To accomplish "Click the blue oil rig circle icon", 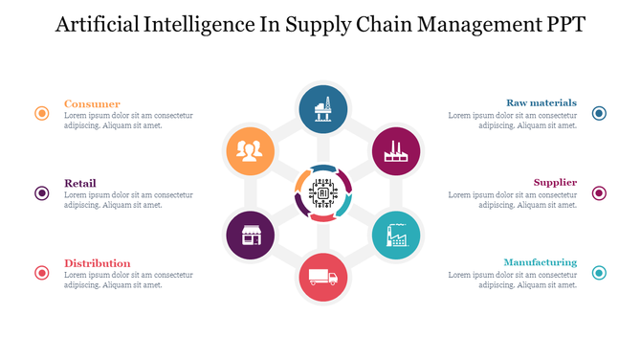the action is coord(323,109).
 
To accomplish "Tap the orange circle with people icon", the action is coord(250,150).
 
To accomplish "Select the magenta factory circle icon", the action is coord(395,150).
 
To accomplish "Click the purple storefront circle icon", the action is coord(250,236).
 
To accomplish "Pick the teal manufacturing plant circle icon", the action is coord(395,236).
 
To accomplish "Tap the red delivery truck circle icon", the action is coord(323,277).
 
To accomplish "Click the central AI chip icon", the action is coord(323,192).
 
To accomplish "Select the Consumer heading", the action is coord(92,103).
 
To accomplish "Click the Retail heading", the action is coord(80,183).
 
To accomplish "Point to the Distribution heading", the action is coord(98,263).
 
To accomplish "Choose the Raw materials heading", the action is coord(541,102).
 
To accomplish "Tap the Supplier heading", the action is coord(555,182).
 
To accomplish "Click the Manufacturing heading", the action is coord(540,262).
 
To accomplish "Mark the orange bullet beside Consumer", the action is coord(42,113).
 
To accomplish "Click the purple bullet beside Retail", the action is coord(42,193).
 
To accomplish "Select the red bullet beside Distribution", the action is coord(42,273).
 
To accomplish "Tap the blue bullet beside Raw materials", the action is coord(599,113).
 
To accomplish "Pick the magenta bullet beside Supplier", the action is coord(599,193).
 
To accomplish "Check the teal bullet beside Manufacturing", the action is coord(599,273).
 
